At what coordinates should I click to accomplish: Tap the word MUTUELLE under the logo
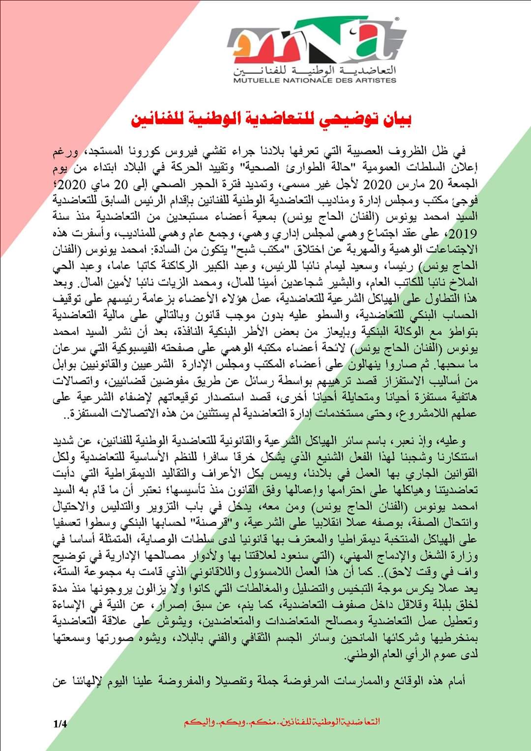[x=256, y=80]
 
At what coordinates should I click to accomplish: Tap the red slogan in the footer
[x=282, y=722]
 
